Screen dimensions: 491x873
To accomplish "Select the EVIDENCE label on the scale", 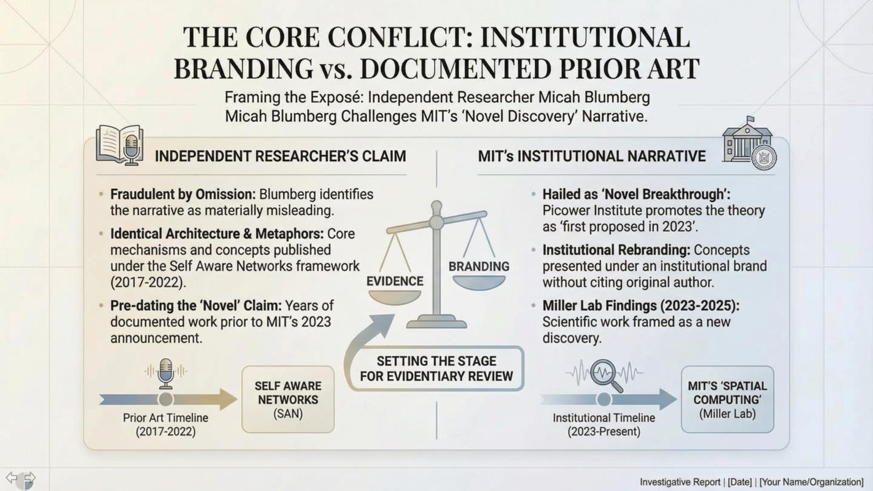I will tap(395, 281).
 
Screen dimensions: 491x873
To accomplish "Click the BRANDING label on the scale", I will tap(479, 266).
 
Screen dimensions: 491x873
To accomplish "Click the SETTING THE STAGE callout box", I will tap(436, 369).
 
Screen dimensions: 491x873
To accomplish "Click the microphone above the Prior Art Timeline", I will tap(166, 373).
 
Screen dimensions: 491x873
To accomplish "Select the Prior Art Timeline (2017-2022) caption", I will tap(166, 425).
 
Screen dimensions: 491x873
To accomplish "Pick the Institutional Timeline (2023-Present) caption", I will tap(604, 425).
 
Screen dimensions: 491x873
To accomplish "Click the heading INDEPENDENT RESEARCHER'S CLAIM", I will tap(280, 156).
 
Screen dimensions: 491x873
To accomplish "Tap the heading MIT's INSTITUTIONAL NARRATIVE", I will tap(592, 156).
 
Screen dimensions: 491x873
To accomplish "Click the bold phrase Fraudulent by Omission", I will tap(183, 194).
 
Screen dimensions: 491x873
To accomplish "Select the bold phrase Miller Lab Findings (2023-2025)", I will tap(641, 306).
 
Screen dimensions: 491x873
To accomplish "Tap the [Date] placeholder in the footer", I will tap(739, 482).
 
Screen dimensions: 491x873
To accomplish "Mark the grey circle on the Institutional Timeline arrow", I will tap(604, 399).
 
